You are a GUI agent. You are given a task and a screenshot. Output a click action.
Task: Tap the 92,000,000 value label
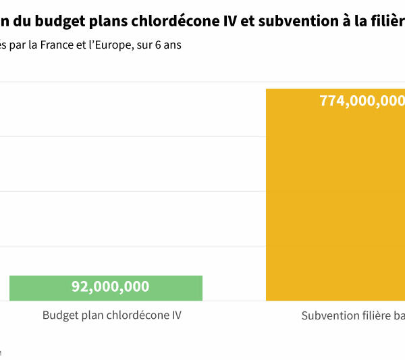pyautogui.click(x=110, y=286)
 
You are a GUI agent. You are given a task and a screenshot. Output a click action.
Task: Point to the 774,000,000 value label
pyautogui.click(x=362, y=101)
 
